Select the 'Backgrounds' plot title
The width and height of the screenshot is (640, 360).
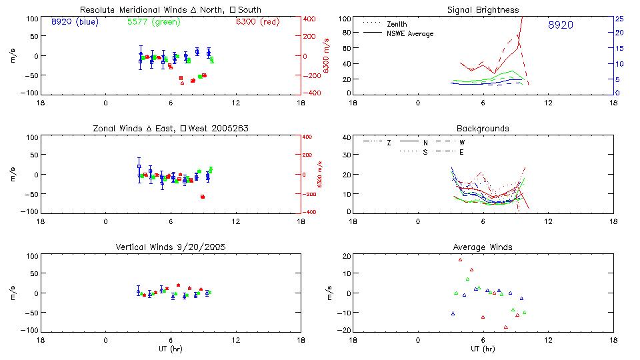(x=483, y=128)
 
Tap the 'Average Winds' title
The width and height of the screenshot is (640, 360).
(x=483, y=247)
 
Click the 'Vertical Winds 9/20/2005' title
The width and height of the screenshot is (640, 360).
(x=170, y=247)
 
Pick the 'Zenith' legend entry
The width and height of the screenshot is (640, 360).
(x=396, y=24)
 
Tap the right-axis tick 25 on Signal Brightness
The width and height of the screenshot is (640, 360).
(x=619, y=19)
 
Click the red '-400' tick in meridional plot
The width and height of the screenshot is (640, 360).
(x=311, y=93)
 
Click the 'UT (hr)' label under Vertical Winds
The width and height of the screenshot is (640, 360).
(x=170, y=349)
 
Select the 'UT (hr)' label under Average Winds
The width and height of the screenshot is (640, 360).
(x=483, y=349)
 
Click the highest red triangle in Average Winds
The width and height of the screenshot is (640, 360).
(x=460, y=260)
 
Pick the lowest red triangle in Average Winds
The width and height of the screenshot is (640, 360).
(x=506, y=327)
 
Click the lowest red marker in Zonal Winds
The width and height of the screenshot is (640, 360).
(x=203, y=197)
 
